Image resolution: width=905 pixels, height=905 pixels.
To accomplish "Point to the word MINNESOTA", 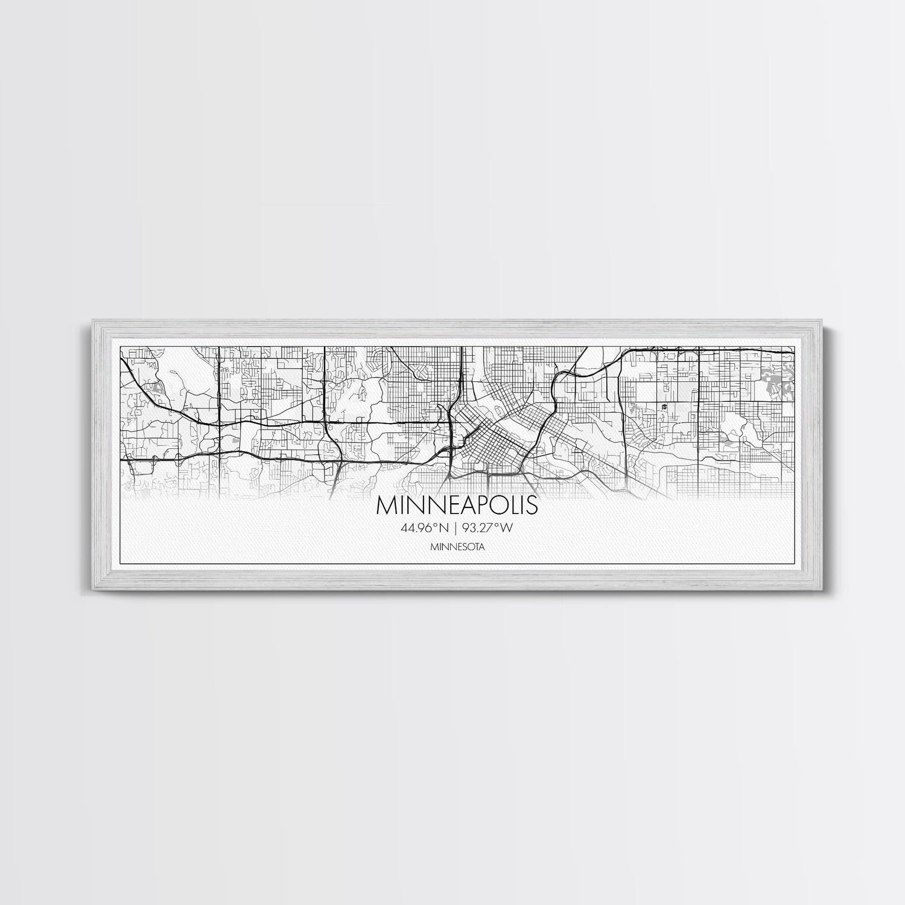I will [453, 548].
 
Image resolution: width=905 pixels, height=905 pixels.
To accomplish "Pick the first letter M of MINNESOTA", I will [434, 548].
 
